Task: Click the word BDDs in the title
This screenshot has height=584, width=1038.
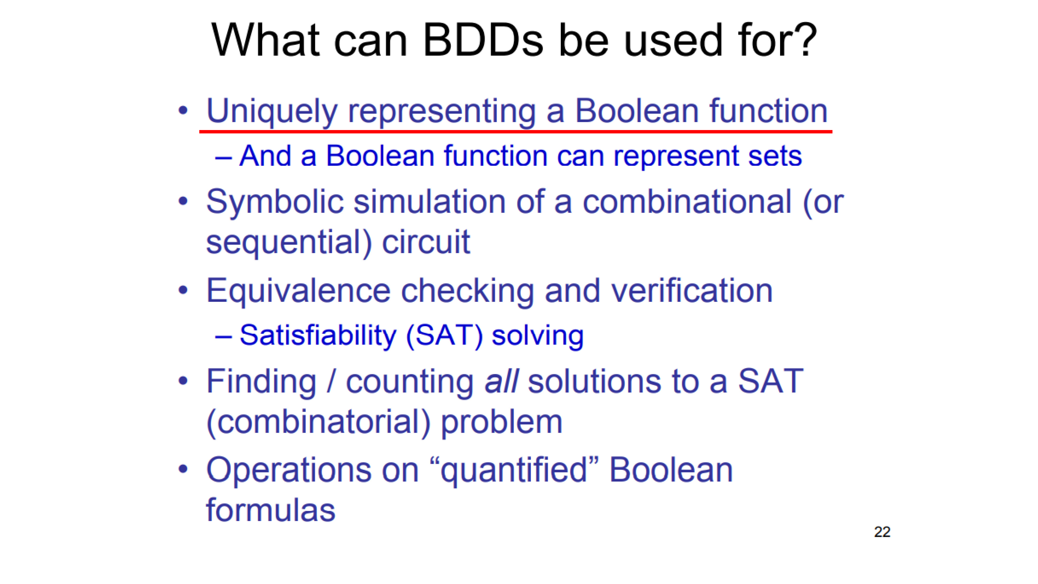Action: click(x=483, y=40)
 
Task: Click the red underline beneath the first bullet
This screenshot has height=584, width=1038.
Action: click(x=516, y=131)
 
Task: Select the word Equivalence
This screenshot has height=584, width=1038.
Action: click(x=298, y=291)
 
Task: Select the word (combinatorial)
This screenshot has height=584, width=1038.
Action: click(x=318, y=423)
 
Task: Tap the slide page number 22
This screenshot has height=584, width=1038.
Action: click(x=882, y=532)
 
